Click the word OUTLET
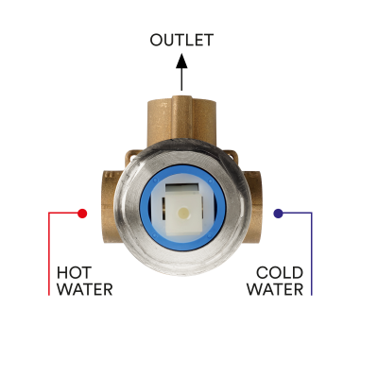tap(181, 40)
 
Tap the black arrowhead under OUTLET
tap(181, 60)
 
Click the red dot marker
tap(82, 214)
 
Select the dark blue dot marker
tap(278, 214)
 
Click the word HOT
tap(75, 273)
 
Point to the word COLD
tap(280, 273)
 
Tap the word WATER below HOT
tap(85, 289)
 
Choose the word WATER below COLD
tap(275, 289)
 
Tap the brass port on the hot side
tap(111, 206)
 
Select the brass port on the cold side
tap(254, 207)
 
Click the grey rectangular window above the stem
tap(182, 189)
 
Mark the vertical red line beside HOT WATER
tap(49, 254)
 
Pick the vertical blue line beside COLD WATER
tap(312, 254)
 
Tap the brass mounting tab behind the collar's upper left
tap(131, 157)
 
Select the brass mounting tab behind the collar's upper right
tap(231, 155)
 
